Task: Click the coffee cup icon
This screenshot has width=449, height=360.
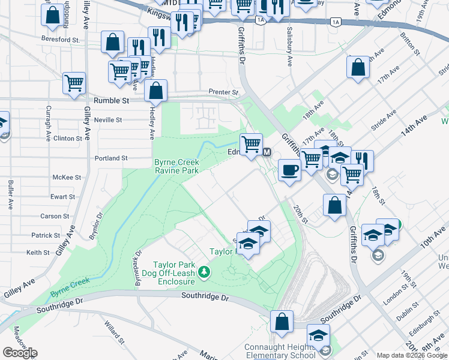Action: [289, 170]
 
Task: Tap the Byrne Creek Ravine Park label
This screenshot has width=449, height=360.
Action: [176, 166]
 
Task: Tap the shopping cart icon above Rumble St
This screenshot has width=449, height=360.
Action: [74, 83]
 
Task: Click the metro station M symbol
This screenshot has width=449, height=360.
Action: [267, 152]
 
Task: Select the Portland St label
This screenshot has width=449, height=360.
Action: [111, 158]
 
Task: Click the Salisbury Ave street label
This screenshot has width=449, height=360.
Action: [289, 46]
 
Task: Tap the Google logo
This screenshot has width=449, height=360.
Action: [20, 353]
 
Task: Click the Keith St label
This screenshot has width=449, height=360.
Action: [38, 253]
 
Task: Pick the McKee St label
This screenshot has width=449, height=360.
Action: [67, 178]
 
